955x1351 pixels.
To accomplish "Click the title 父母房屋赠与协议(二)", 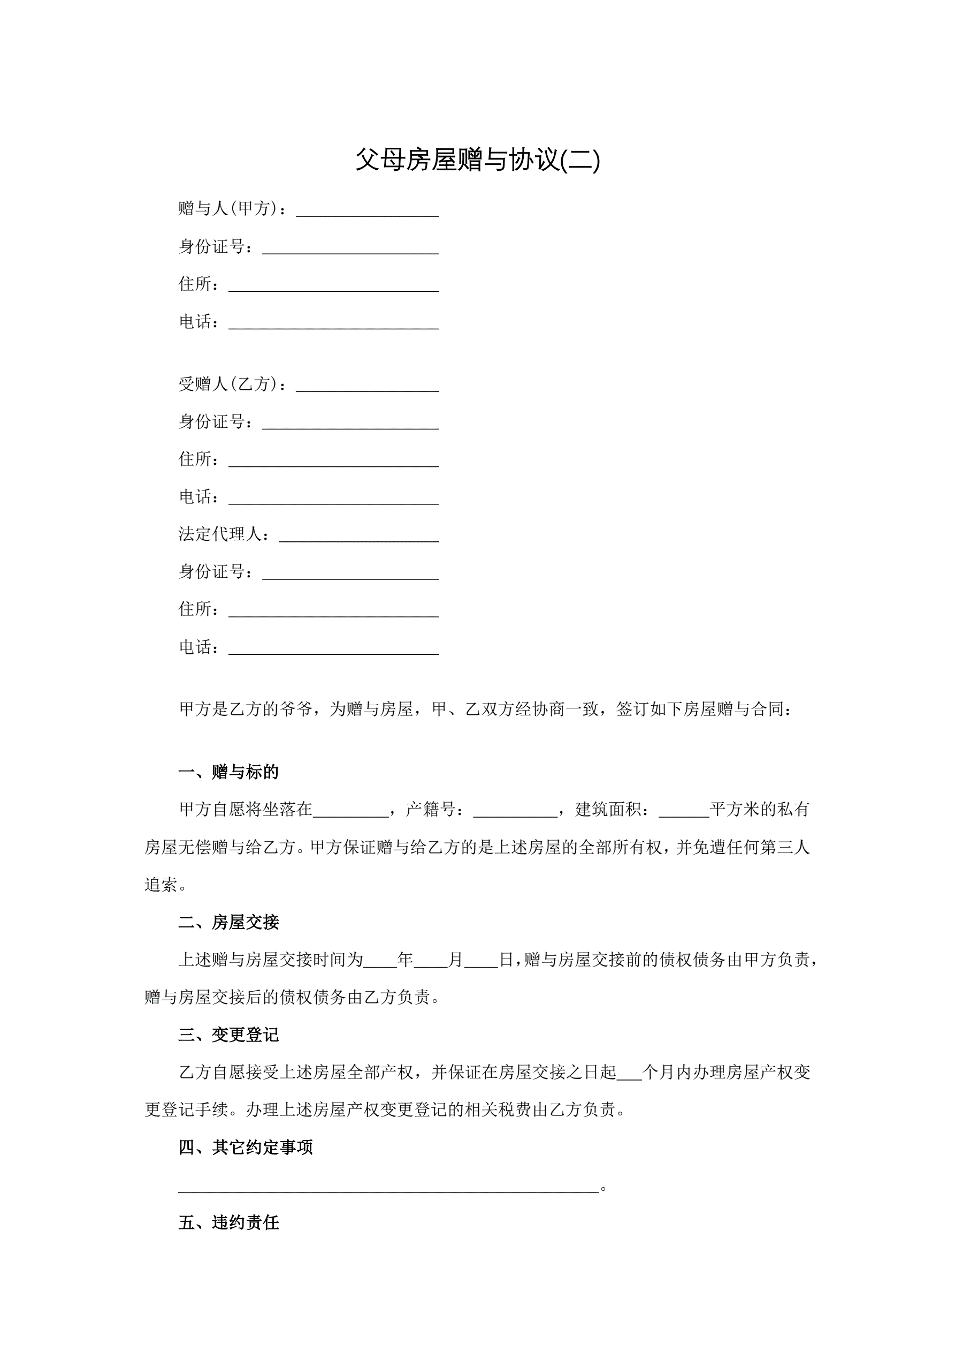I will coord(477,160).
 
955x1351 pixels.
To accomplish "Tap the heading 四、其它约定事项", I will coord(245,1147).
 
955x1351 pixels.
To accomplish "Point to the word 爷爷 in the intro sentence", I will coord(295,709).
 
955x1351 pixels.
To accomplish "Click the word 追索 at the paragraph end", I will coord(161,885).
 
